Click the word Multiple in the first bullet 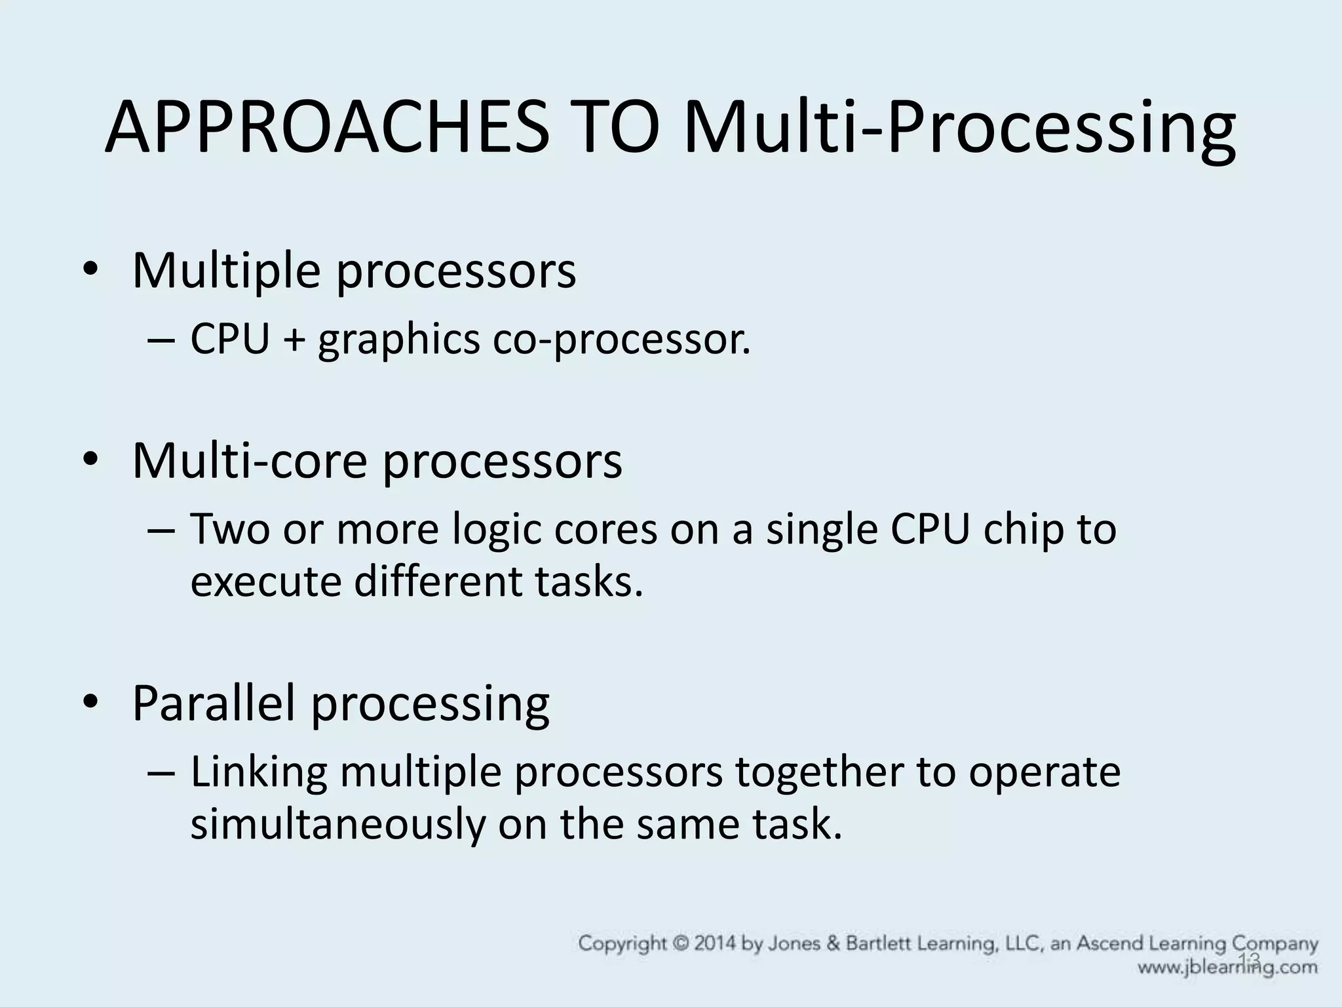click(x=225, y=270)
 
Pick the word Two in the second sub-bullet click(x=229, y=529)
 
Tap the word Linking click(x=259, y=772)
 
